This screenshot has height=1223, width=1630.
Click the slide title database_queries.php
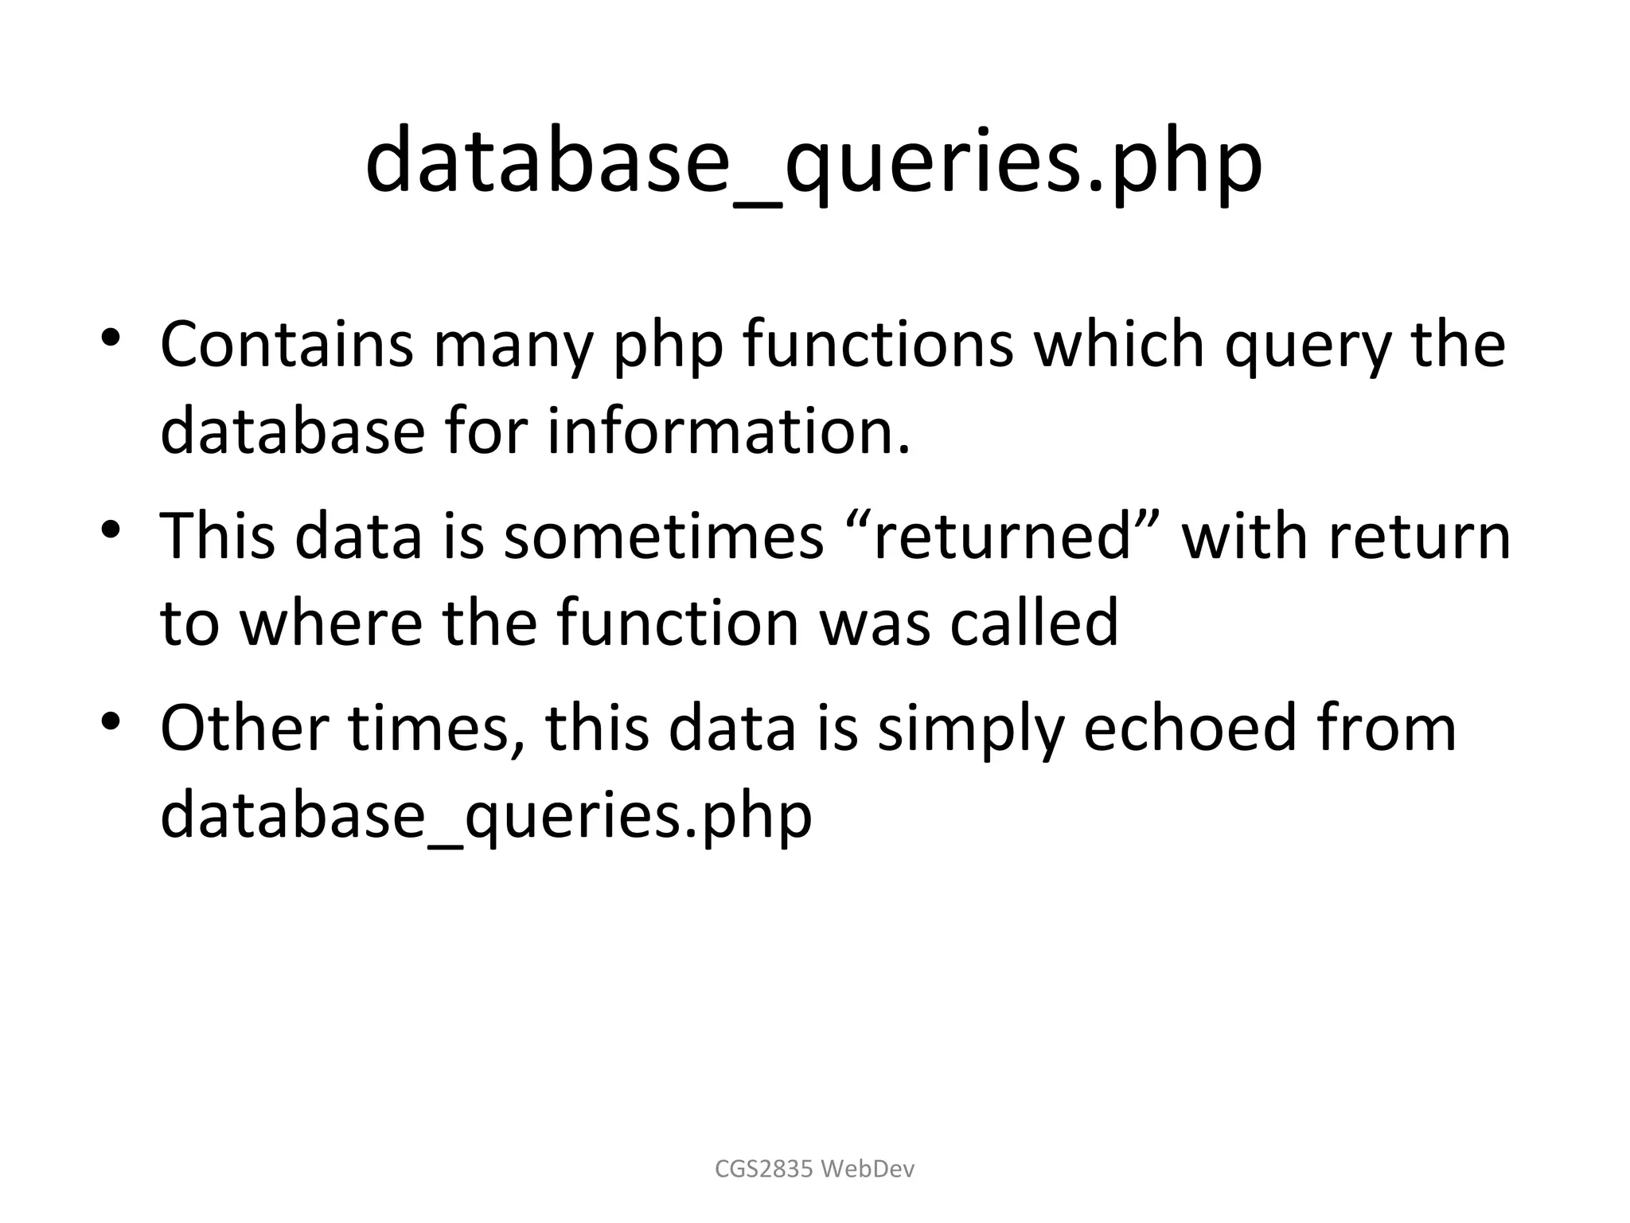(x=813, y=162)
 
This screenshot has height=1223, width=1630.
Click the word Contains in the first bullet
(x=287, y=344)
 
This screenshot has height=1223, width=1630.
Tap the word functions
(x=878, y=344)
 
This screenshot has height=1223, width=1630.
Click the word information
(x=728, y=431)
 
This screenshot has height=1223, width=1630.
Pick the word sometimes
(x=664, y=536)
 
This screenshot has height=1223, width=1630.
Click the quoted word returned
(x=1001, y=536)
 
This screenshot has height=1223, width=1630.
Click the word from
(x=1386, y=727)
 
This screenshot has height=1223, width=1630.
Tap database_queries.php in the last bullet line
(x=485, y=815)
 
